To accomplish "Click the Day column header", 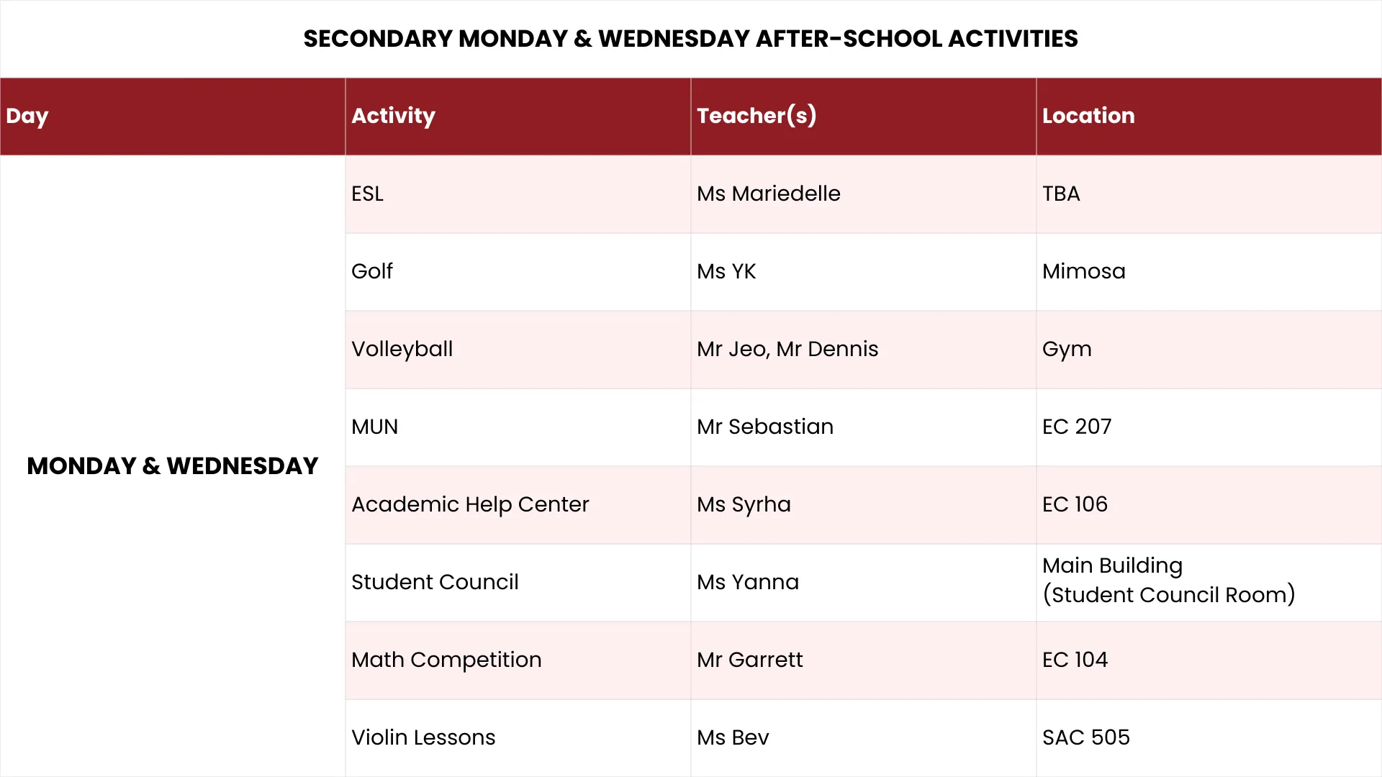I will pyautogui.click(x=27, y=116).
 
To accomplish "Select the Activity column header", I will pyautogui.click(x=393, y=116).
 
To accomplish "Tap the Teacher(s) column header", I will pyautogui.click(x=757, y=116).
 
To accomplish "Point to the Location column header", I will pyautogui.click(x=1088, y=116).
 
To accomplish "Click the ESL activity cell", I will pyautogui.click(x=367, y=194).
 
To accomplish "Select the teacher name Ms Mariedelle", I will pyautogui.click(x=768, y=194).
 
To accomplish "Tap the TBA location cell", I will pyautogui.click(x=1061, y=194).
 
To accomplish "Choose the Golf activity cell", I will pyautogui.click(x=372, y=271).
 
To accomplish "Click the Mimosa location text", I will pyautogui.click(x=1083, y=271).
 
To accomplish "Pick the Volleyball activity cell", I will pyautogui.click(x=402, y=349).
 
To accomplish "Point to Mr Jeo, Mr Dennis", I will pyautogui.click(x=787, y=349).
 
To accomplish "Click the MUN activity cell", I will pyautogui.click(x=374, y=427).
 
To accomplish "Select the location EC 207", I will pyautogui.click(x=1077, y=427).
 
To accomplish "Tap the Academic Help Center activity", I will pyautogui.click(x=470, y=504).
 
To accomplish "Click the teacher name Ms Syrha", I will pyautogui.click(x=744, y=504).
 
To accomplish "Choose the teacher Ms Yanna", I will pyautogui.click(x=748, y=582).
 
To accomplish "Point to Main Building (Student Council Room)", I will pyautogui.click(x=1168, y=581).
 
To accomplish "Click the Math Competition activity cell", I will pyautogui.click(x=446, y=660).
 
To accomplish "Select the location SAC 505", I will pyautogui.click(x=1086, y=737).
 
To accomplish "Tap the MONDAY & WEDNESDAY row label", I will pyautogui.click(x=173, y=466).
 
